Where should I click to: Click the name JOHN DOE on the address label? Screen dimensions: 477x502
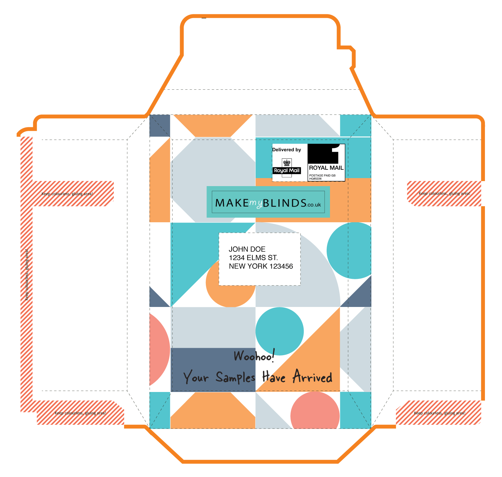click(x=247, y=249)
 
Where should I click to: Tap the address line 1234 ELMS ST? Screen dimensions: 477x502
click(x=253, y=258)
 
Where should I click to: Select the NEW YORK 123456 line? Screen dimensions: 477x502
click(x=261, y=266)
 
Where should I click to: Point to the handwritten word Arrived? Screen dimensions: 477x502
click(x=313, y=377)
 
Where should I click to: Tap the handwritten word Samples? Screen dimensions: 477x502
click(x=236, y=378)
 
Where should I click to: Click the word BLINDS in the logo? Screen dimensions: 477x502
click(x=285, y=203)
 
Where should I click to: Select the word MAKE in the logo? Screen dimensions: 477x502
click(x=232, y=203)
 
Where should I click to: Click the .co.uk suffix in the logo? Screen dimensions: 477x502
click(x=314, y=205)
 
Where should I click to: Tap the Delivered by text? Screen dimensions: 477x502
click(x=286, y=150)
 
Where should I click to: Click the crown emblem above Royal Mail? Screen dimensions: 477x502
click(x=287, y=163)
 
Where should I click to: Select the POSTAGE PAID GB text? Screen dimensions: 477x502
click(x=322, y=175)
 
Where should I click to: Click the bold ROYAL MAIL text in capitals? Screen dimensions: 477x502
click(x=326, y=168)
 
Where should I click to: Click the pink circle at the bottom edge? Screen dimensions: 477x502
click(x=315, y=412)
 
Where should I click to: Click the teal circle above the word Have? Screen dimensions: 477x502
click(x=279, y=331)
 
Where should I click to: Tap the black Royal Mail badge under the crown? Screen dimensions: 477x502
click(x=287, y=170)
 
